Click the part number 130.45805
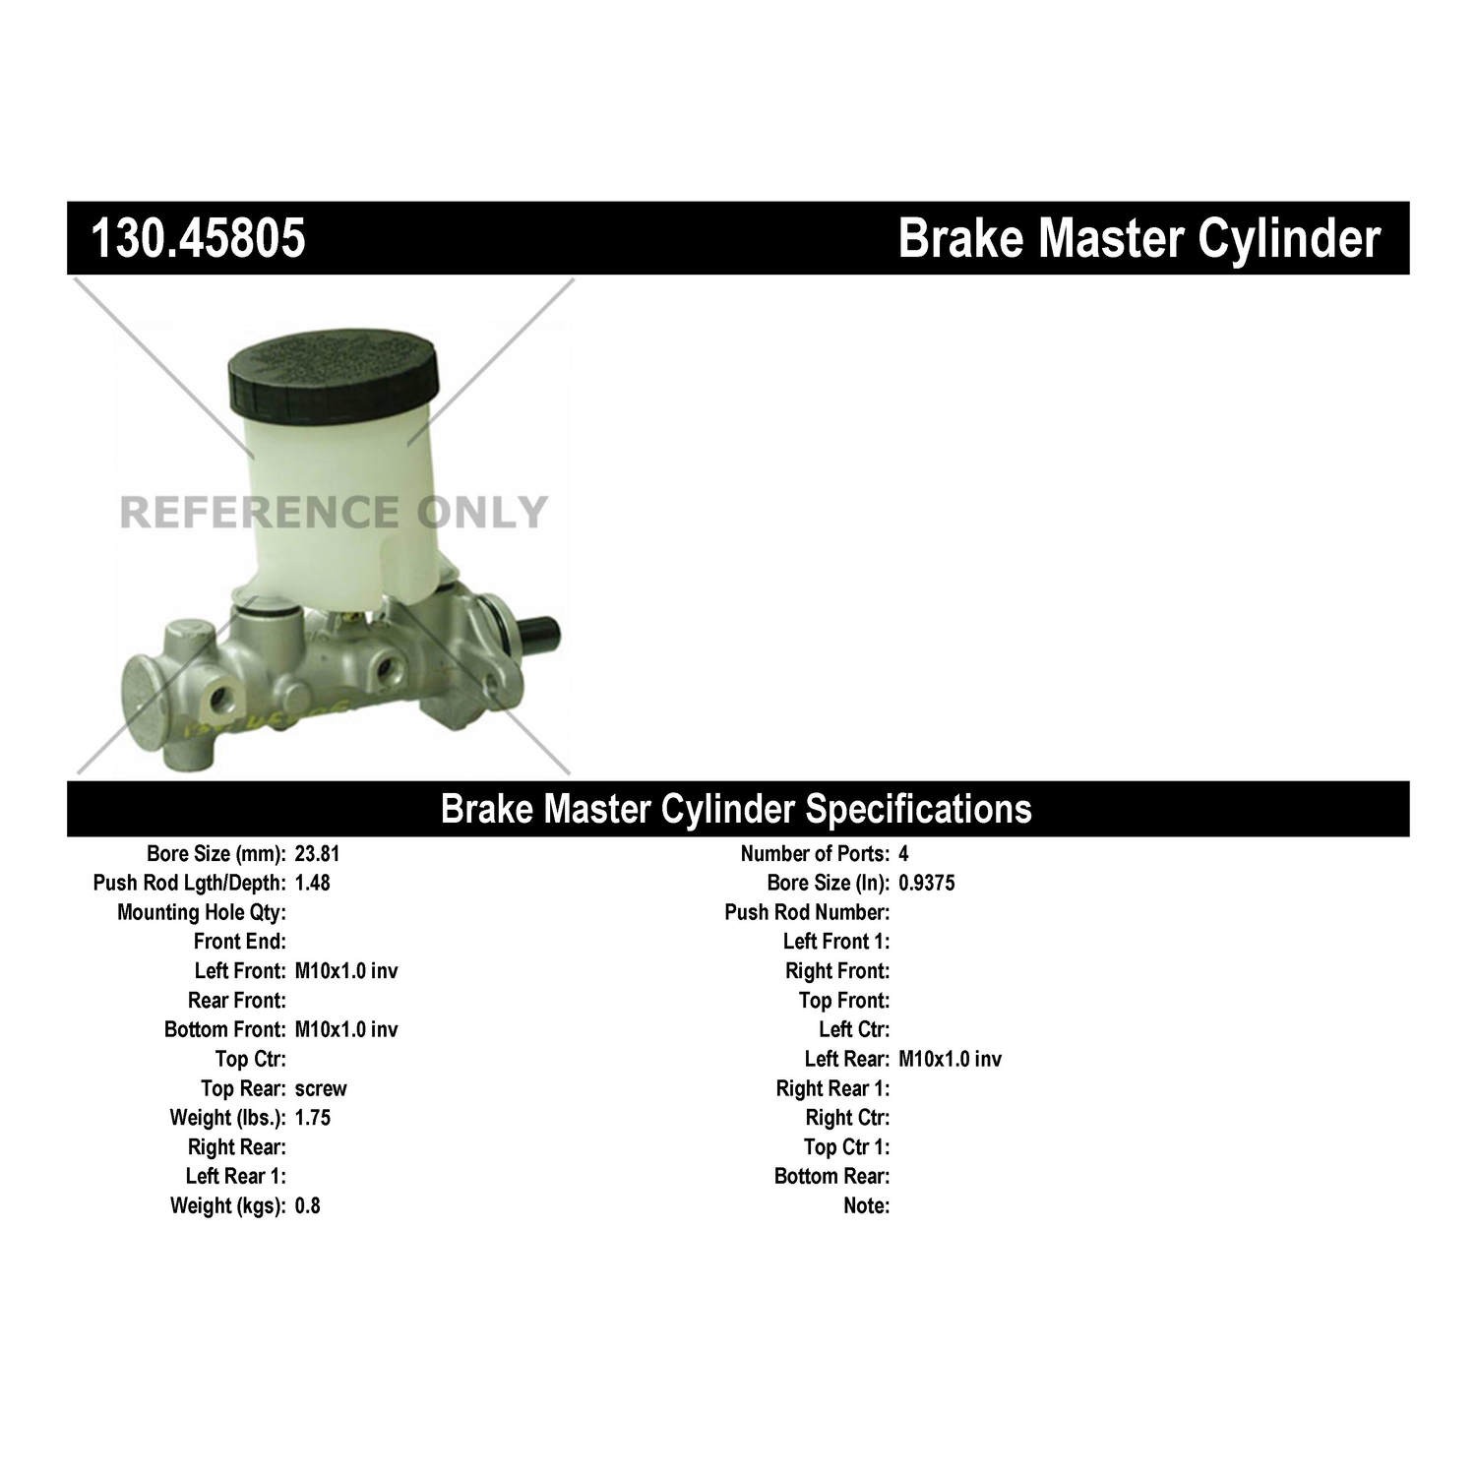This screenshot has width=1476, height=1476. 198,238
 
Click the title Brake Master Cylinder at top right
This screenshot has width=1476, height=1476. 1139,239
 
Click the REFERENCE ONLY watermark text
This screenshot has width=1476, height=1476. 333,512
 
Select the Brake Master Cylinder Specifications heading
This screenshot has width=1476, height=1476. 736,809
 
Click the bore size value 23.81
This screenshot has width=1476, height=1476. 317,854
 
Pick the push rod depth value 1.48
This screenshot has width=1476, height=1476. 312,883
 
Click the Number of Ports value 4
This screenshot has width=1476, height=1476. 903,854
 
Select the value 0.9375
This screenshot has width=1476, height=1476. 926,883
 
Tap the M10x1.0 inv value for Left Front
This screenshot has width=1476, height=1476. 346,971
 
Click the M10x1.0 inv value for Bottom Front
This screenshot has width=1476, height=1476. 346,1030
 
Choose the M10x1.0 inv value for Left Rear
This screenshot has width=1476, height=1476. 950,1059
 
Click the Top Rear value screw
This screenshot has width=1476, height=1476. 321,1088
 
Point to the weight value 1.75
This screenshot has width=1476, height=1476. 312,1118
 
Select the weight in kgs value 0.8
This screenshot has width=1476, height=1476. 307,1205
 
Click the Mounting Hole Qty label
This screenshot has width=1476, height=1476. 202,913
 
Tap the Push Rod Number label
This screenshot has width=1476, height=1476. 807,913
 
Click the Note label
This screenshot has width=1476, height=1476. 867,1205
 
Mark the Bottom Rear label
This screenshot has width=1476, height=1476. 832,1176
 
